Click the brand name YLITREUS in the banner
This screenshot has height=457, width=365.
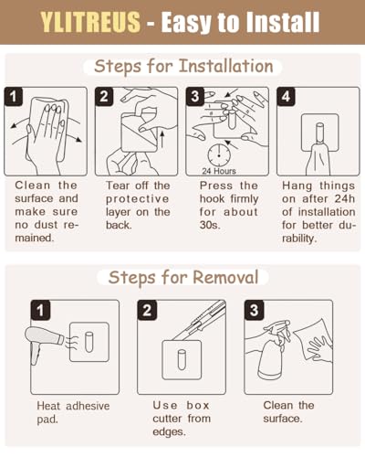pyautogui.click(x=90, y=22)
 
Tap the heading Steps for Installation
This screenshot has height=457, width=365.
pyautogui.click(x=183, y=67)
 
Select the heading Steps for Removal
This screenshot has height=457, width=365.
pyautogui.click(x=183, y=278)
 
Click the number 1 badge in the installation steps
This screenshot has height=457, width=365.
pyautogui.click(x=14, y=97)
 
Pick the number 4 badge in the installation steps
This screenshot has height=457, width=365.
pyautogui.click(x=286, y=97)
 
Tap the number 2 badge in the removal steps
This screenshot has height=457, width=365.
pyautogui.click(x=147, y=310)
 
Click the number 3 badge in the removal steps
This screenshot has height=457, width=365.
pyautogui.click(x=254, y=310)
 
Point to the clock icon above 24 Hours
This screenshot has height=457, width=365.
pyautogui.click(x=219, y=155)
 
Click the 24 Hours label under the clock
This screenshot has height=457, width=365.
pyautogui.click(x=219, y=171)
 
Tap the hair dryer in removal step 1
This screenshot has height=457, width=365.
pyautogui.click(x=43, y=342)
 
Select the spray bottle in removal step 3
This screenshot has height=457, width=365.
pyautogui.click(x=272, y=354)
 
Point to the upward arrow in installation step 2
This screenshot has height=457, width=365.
pyautogui.click(x=162, y=140)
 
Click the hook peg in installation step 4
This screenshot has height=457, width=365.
pyautogui.click(x=320, y=133)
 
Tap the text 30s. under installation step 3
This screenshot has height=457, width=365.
pyautogui.click(x=210, y=225)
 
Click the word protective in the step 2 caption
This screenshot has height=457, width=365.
pyautogui.click(x=137, y=199)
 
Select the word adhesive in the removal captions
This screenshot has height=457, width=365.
pyautogui.click(x=88, y=406)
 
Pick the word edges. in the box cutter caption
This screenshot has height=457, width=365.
pyautogui.click(x=169, y=432)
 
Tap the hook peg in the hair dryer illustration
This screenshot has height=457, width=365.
pyautogui.click(x=89, y=342)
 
